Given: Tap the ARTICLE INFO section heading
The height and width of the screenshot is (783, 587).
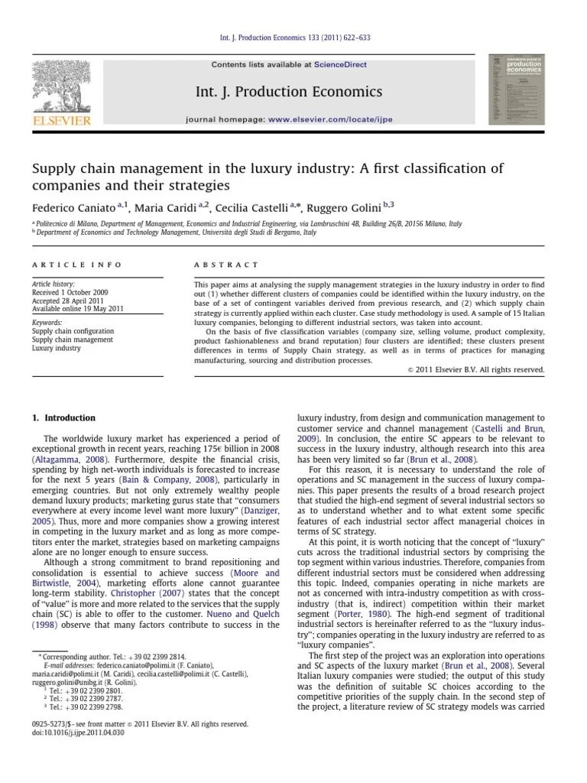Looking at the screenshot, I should pos(76,265).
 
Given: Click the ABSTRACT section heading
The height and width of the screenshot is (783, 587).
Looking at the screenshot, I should pos(226,265).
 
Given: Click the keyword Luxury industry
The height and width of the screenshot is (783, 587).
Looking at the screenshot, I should pos(56,348).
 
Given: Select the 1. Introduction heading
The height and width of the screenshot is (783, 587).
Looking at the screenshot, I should pos(63,418).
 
